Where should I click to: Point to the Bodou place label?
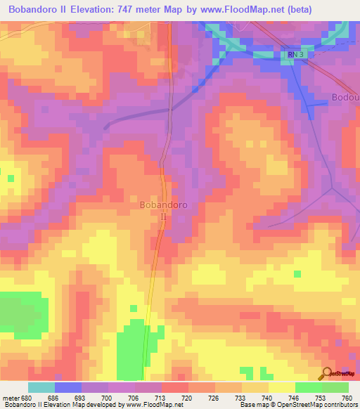(x=345, y=97)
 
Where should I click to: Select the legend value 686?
(x=53, y=398)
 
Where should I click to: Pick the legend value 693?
(x=80, y=398)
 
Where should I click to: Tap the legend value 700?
(x=107, y=398)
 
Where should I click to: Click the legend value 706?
(x=134, y=398)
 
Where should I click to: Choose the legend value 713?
(x=160, y=398)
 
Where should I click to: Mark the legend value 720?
(x=187, y=398)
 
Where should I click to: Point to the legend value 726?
(x=214, y=398)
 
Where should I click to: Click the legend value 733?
(x=240, y=398)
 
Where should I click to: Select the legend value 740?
(x=267, y=398)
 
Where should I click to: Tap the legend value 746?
(x=294, y=398)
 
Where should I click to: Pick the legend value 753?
(x=321, y=398)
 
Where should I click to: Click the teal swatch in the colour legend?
(x=41, y=387)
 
